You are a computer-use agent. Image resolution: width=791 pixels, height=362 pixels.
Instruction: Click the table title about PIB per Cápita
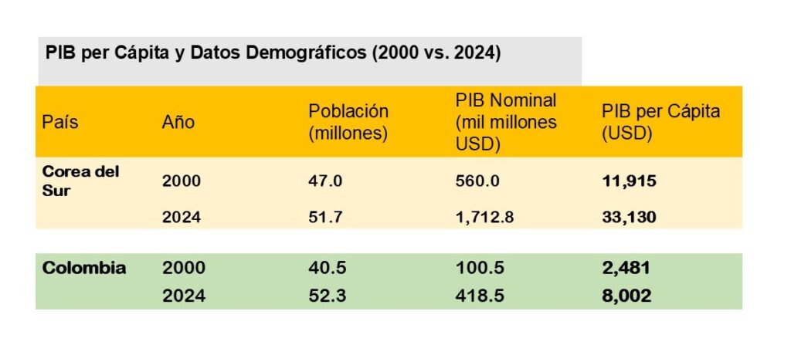pyautogui.click(x=273, y=53)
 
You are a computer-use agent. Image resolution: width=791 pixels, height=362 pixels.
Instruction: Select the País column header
pyautogui.click(x=60, y=122)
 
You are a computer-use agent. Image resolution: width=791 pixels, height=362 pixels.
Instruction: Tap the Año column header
pyautogui.click(x=178, y=122)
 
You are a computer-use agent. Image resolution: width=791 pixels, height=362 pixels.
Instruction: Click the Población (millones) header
pyautogui.click(x=348, y=122)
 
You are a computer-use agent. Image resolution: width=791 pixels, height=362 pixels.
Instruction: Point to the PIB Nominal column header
pyautogui.click(x=506, y=122)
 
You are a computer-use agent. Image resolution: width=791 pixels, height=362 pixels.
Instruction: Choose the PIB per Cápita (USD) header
pyautogui.click(x=660, y=122)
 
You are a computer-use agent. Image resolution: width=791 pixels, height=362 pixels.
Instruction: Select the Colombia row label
pyautogui.click(x=84, y=268)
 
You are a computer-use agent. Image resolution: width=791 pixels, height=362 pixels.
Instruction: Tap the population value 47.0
pyautogui.click(x=324, y=181)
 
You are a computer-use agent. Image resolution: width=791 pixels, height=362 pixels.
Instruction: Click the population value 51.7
pyautogui.click(x=324, y=217)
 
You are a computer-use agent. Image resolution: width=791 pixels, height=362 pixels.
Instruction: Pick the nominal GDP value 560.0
pyautogui.click(x=477, y=181)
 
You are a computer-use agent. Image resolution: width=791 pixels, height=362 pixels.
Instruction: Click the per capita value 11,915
pyautogui.click(x=629, y=181)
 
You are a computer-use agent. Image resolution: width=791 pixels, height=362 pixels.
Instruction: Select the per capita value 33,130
pyautogui.click(x=629, y=217)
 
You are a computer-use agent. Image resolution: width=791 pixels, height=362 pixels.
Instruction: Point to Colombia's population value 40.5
pyautogui.click(x=324, y=269)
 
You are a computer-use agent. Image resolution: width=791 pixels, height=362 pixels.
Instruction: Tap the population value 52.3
pyautogui.click(x=324, y=296)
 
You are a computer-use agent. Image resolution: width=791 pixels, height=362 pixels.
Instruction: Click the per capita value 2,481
pyautogui.click(x=626, y=269)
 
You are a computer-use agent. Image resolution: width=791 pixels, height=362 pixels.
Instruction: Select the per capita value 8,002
pyautogui.click(x=626, y=296)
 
